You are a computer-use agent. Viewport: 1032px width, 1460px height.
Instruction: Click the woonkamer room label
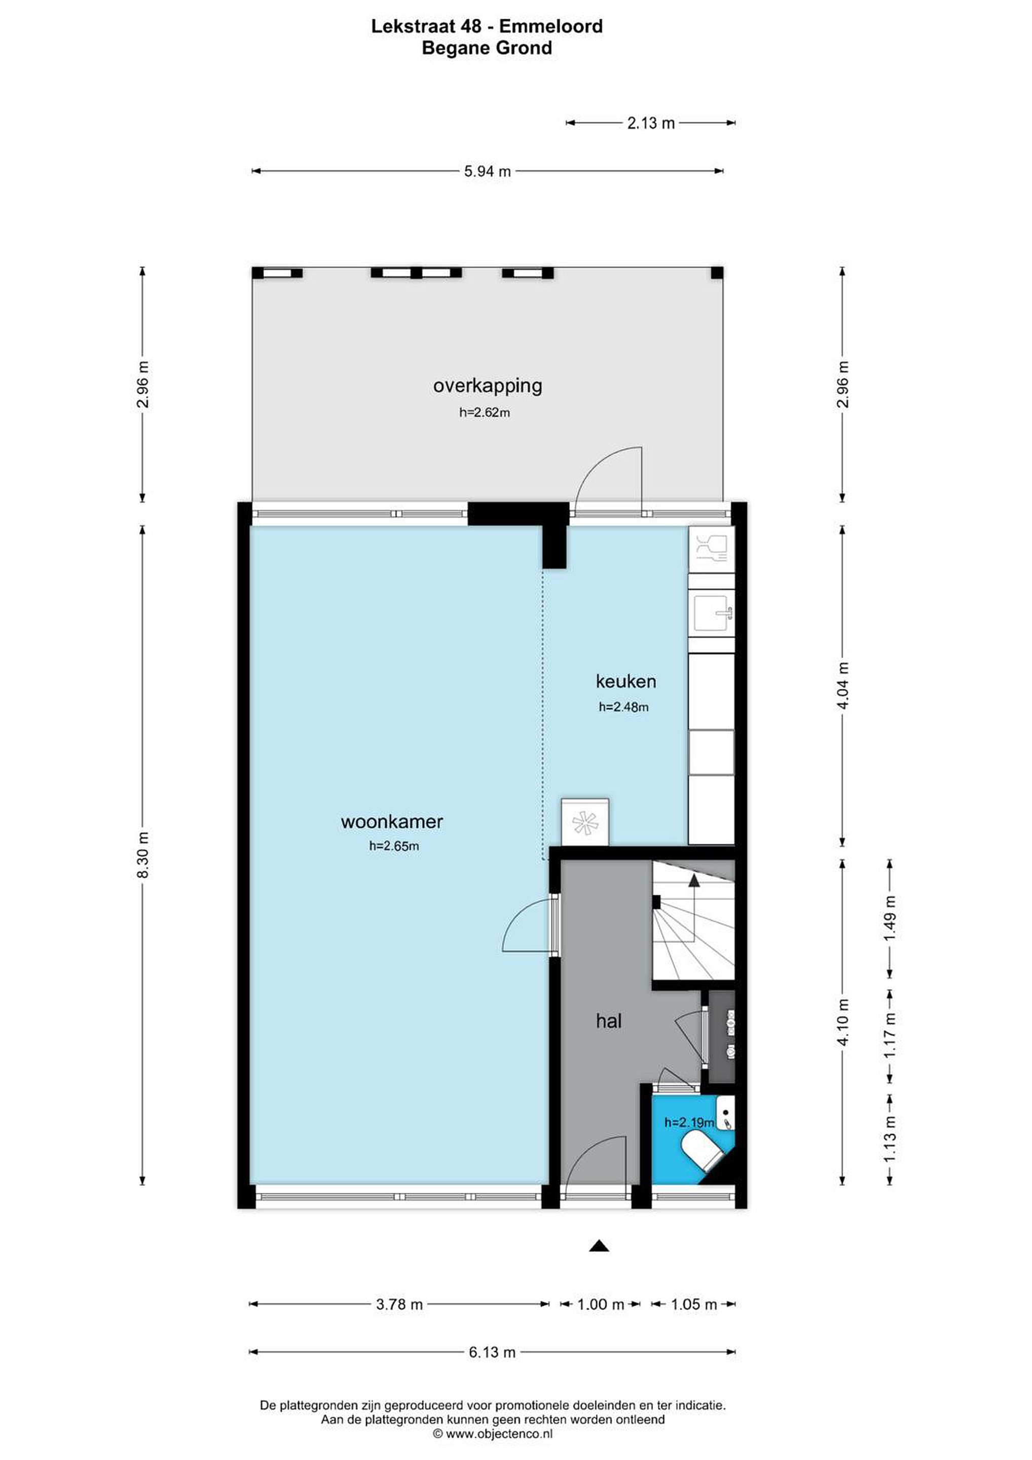[x=392, y=822]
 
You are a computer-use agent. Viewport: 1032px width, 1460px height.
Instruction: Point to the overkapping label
[x=488, y=386]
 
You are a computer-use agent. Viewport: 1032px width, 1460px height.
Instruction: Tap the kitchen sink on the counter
[x=713, y=613]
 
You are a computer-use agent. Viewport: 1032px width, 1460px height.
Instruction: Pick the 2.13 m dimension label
[x=651, y=123]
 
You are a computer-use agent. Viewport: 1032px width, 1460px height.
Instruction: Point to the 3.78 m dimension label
[x=399, y=1304]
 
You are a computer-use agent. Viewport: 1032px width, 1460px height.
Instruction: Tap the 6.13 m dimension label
[x=492, y=1352]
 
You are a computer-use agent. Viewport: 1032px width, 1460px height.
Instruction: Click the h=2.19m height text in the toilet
[x=689, y=1122]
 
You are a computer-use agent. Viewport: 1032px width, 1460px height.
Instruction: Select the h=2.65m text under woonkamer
[x=394, y=847]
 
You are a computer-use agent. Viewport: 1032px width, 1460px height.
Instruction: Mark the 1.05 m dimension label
[x=694, y=1304]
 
